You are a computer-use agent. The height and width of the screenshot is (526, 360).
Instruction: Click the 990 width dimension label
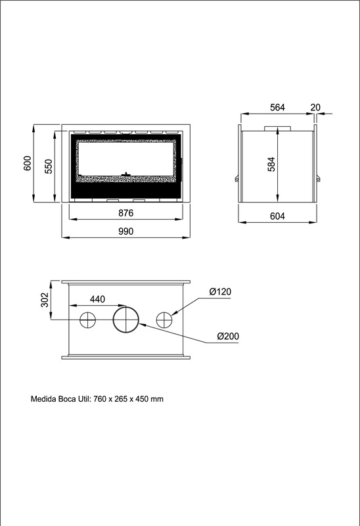click(x=125, y=231)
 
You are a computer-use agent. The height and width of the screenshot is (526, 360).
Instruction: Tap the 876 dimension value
click(x=125, y=213)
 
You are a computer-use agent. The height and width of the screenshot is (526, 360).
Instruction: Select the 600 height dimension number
click(x=28, y=163)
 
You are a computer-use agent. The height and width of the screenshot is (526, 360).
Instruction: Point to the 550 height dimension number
click(x=49, y=166)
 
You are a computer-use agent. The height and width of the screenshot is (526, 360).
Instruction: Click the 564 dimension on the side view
click(x=277, y=107)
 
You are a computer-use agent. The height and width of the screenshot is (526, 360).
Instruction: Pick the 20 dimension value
click(x=315, y=107)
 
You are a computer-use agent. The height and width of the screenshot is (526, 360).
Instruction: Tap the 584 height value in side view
click(x=271, y=164)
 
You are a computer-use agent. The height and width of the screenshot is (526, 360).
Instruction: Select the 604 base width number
click(x=277, y=216)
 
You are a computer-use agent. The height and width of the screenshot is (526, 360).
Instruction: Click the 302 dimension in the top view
click(x=45, y=300)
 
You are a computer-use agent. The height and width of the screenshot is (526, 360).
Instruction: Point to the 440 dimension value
click(x=97, y=299)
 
